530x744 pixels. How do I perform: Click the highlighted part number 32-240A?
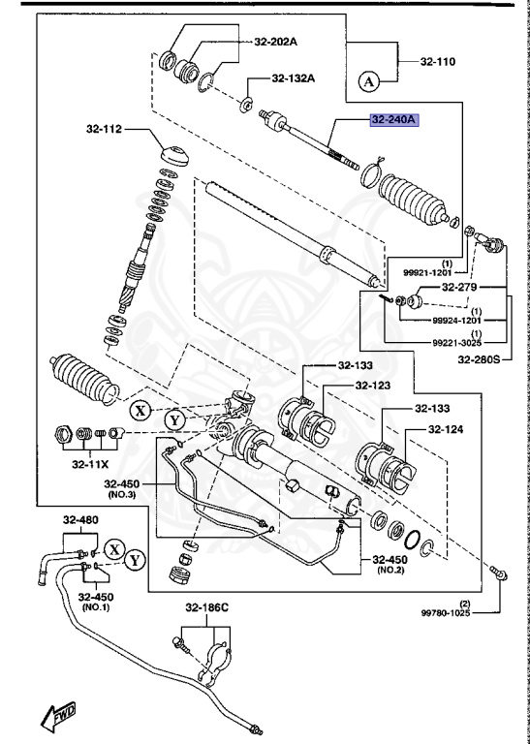pos(392,120)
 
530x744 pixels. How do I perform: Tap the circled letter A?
pos(368,82)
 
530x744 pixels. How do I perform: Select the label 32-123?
pos(374,385)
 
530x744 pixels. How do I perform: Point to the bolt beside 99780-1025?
pos(496,573)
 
